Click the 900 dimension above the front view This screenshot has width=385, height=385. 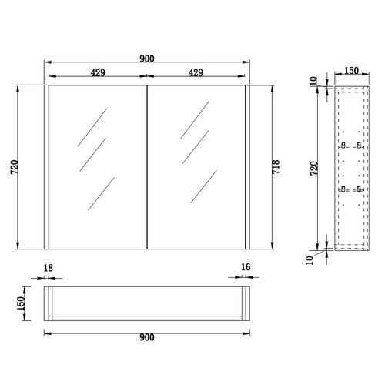tap(147, 59)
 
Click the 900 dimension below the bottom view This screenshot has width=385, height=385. tap(147, 337)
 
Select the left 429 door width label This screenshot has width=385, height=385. tap(98, 72)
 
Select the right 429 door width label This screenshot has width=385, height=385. tap(196, 72)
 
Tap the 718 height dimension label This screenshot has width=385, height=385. tap(276, 167)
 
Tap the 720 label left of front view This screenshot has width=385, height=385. tap(15, 167)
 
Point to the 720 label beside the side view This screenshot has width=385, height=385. tap(314, 169)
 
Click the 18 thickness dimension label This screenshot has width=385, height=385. tap(48, 268)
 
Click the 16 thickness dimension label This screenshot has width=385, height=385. tap(246, 267)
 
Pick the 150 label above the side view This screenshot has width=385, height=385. tap(351, 71)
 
